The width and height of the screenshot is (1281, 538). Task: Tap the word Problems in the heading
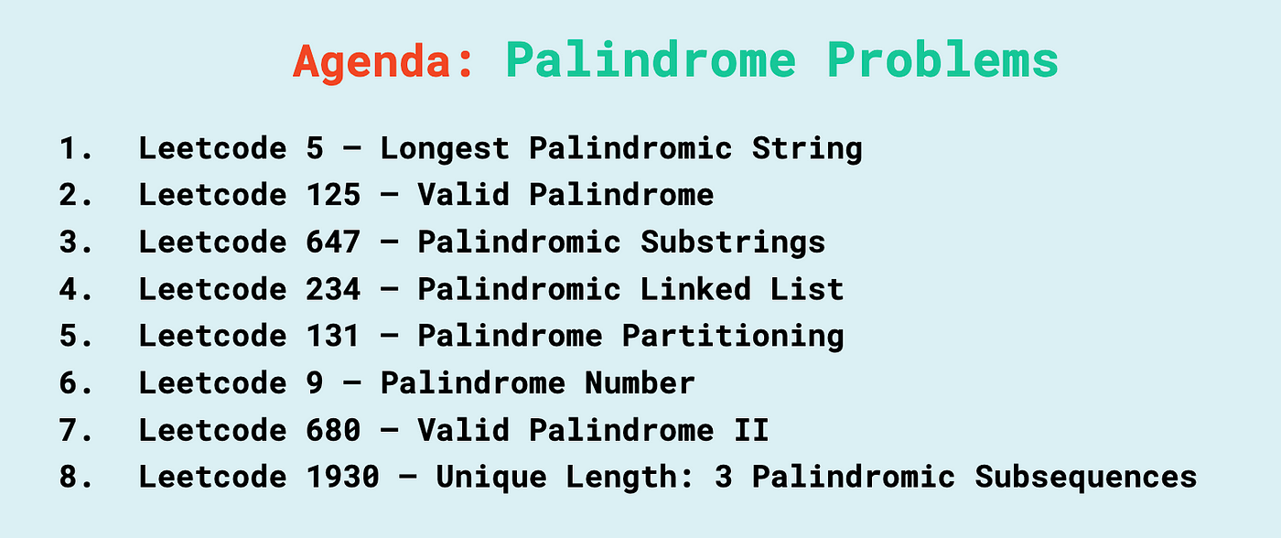942,59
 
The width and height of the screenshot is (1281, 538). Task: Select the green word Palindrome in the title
651,59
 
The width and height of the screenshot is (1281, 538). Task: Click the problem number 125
333,194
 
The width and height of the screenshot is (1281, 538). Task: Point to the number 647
333,242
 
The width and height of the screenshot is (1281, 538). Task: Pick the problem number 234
333,289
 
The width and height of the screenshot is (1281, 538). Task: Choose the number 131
333,336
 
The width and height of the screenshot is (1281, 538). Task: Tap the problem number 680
333,430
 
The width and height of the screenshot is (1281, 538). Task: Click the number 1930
342,477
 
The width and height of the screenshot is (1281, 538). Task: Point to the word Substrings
733,243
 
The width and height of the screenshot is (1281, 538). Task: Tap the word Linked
694,289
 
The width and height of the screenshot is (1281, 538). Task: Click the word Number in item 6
640,382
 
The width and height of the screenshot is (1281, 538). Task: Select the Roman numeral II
751,430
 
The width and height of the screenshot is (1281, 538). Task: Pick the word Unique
491,479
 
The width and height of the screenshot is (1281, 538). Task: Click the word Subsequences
1085,479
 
